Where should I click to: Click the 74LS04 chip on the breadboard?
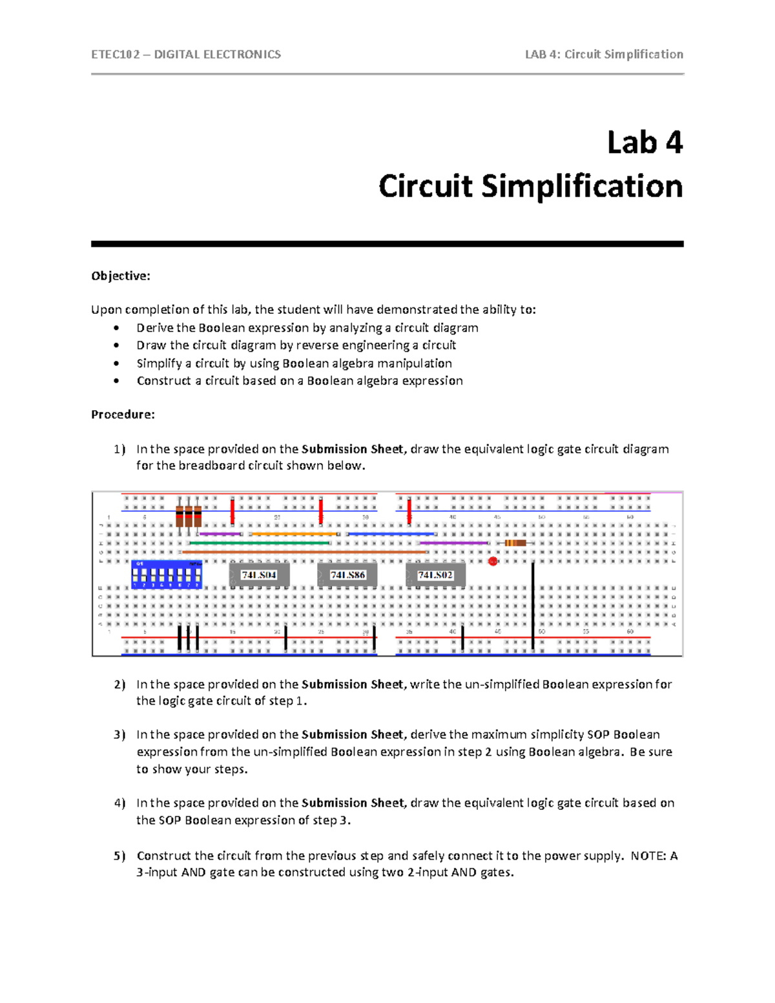pos(260,575)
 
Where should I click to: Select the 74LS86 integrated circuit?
pos(347,575)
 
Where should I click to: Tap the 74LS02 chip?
pos(435,575)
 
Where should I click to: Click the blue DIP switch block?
pos(167,574)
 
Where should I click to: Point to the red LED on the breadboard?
pos(493,561)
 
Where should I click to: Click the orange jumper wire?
pos(294,534)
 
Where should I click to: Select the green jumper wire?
pos(258,543)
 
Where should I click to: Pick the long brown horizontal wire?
pos(304,552)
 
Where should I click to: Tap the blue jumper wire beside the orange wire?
pos(391,534)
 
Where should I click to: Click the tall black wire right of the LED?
pos(533,604)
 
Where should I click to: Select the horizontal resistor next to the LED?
pos(515,543)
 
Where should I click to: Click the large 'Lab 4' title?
pos(644,143)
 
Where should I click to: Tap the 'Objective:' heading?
pos(121,276)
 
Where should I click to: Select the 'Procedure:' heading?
pos(123,415)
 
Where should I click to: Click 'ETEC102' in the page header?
pos(116,54)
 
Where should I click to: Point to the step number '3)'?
pos(119,735)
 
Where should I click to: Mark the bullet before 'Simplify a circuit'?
pos(116,364)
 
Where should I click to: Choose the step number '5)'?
pos(119,856)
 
